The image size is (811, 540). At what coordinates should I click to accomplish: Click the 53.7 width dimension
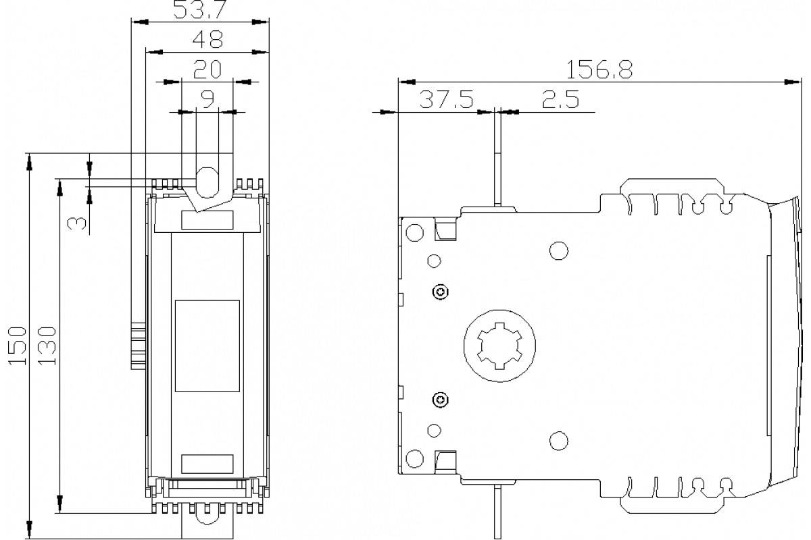(201, 10)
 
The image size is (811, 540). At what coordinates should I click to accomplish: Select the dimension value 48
(207, 40)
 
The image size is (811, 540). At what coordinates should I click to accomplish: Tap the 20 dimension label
(207, 70)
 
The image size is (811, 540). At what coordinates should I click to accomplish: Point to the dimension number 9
(207, 100)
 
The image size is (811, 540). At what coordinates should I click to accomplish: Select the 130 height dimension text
(47, 345)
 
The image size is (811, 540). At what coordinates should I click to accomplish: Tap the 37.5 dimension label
(447, 100)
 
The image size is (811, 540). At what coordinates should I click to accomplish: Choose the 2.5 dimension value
(560, 100)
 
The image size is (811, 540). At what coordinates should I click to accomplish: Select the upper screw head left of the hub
(441, 292)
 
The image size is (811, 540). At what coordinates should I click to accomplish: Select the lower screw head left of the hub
(441, 400)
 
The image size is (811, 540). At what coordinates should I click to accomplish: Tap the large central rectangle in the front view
(207, 346)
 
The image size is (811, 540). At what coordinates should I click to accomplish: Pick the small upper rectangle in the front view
(207, 220)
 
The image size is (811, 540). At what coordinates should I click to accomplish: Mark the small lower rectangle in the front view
(207, 464)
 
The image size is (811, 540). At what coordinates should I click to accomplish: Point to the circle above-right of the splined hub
(558, 250)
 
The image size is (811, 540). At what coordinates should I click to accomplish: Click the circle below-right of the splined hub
(558, 441)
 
